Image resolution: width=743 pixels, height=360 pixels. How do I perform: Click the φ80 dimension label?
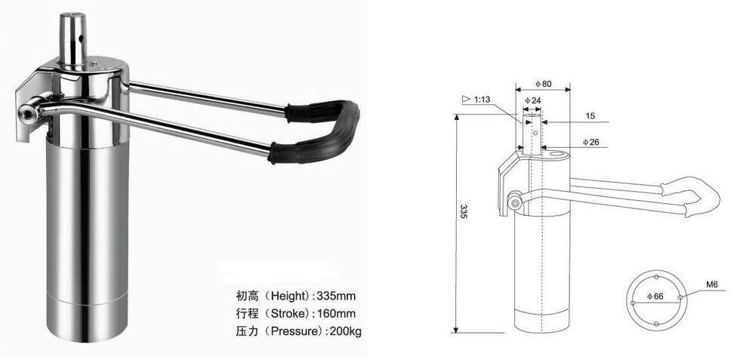pyautogui.click(x=542, y=83)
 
